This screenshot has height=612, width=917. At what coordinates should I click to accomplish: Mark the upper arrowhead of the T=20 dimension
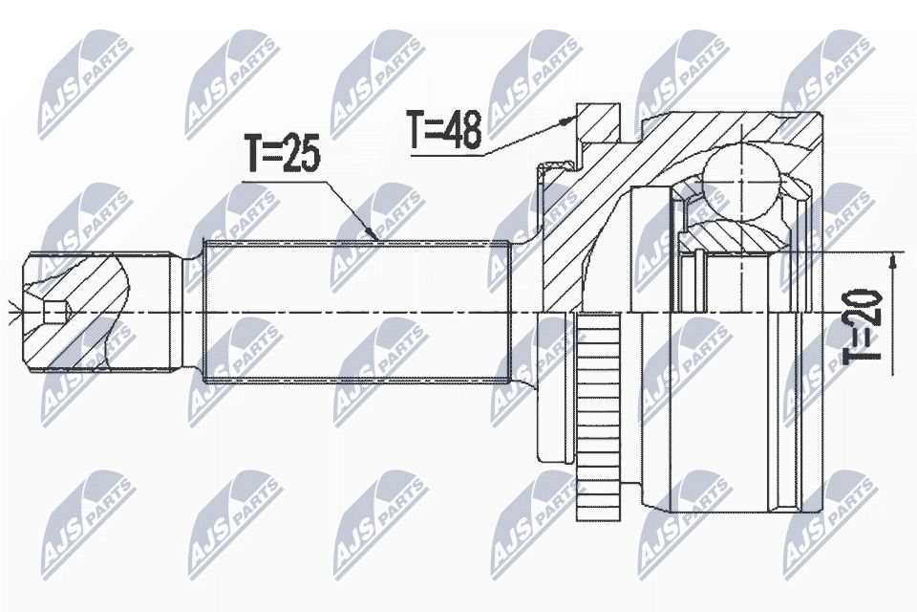pos(892,261)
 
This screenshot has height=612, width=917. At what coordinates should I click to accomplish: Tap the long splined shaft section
pos(356,311)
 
